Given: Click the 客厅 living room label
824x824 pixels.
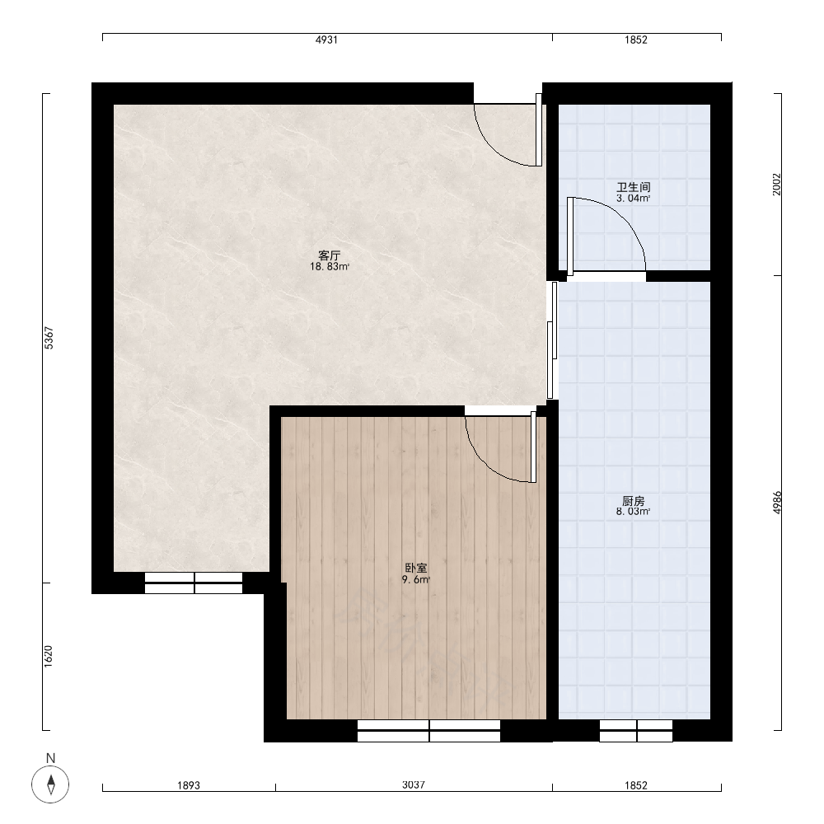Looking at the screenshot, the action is (330, 255).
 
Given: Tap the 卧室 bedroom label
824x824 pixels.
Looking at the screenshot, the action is (415, 568).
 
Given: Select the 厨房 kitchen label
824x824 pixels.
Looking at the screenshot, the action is (633, 501).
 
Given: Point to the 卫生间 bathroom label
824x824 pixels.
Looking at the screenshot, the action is (633, 187).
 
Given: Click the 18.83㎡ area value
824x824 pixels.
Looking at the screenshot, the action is (330, 267).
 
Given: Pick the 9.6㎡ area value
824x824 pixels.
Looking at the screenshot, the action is (415, 579).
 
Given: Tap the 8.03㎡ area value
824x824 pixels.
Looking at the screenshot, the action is (633, 512).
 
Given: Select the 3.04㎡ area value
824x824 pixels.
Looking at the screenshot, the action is (633, 198).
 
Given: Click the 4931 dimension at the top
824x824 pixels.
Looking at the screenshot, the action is (326, 40).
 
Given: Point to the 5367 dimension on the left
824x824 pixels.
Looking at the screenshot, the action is (49, 338).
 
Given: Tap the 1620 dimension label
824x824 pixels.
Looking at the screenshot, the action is (49, 657).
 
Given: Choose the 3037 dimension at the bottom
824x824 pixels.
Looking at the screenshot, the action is (414, 784).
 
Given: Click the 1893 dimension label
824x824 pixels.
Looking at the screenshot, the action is (189, 785).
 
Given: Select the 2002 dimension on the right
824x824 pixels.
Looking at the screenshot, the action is (777, 185).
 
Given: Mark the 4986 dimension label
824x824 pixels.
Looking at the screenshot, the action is (777, 503).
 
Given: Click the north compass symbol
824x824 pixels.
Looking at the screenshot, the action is (50, 784).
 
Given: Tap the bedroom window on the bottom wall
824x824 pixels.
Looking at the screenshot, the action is (428, 730).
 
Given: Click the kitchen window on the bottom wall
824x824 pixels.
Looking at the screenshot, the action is (636, 730).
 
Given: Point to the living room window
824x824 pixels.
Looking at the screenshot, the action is (194, 583).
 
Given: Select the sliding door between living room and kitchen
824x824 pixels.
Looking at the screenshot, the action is (552, 340).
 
